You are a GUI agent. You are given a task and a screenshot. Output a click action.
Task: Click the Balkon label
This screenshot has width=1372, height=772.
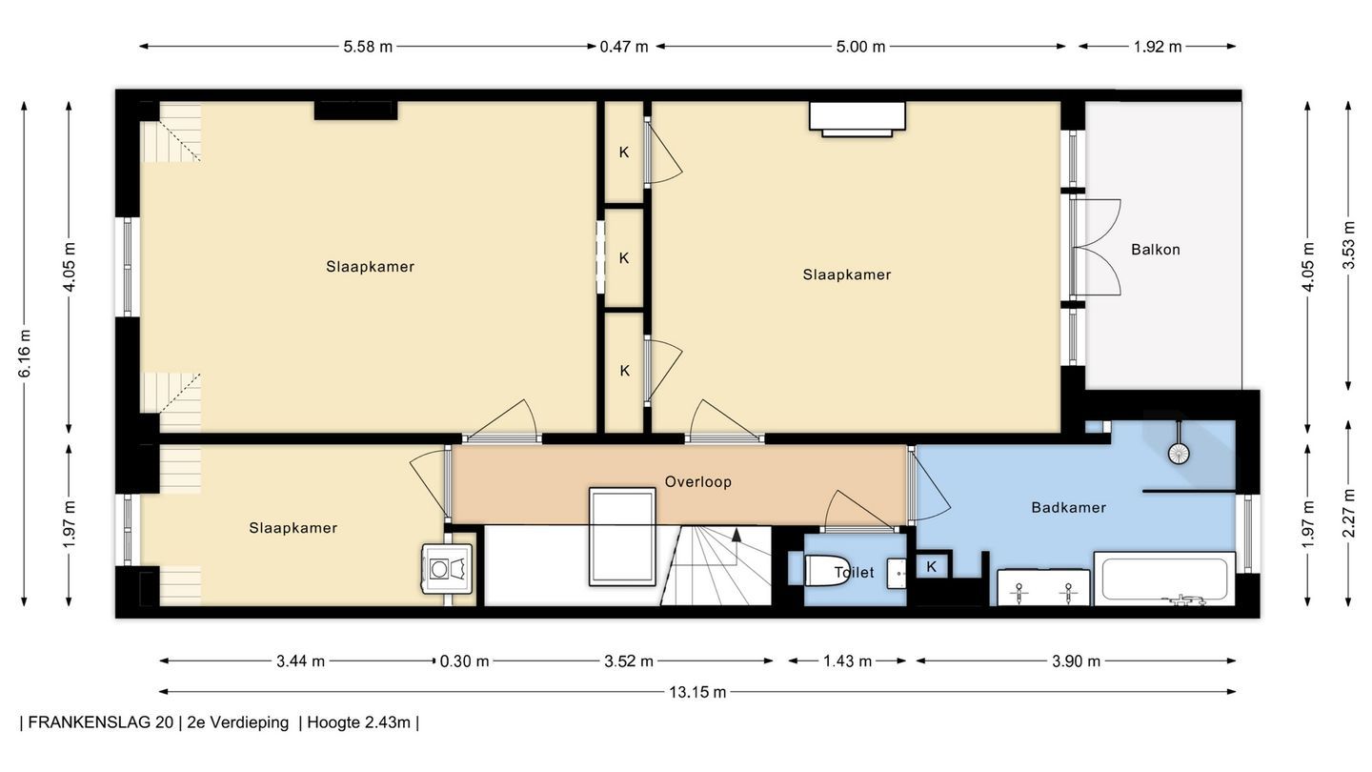click(x=1155, y=250)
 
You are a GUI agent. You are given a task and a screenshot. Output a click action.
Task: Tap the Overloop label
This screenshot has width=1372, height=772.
click(x=698, y=482)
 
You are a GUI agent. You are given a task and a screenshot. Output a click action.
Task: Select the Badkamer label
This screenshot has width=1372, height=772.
click(x=1068, y=507)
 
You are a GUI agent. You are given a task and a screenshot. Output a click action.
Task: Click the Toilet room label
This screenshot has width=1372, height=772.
click(x=854, y=572)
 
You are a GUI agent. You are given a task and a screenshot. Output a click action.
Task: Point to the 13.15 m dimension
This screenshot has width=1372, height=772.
click(x=697, y=692)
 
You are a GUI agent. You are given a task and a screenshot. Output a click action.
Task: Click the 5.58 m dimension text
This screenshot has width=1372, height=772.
click(x=368, y=47)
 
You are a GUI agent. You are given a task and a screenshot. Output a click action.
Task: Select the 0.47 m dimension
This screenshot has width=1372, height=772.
click(x=623, y=47)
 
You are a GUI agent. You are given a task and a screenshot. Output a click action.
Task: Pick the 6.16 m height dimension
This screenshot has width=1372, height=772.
click(x=25, y=354)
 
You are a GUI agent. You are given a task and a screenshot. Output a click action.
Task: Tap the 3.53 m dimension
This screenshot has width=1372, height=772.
click(x=1348, y=245)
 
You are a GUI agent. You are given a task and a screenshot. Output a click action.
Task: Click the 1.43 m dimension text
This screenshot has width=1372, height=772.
click(x=847, y=661)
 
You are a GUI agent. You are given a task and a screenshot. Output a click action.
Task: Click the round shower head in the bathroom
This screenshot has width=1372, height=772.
click(x=1179, y=454)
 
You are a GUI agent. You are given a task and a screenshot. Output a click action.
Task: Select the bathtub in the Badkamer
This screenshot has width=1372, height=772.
click(x=1164, y=579)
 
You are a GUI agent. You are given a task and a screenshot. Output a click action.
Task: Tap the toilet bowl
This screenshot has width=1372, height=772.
click(x=827, y=570)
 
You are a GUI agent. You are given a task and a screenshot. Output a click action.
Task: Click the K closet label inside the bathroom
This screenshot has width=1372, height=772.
click(x=931, y=567)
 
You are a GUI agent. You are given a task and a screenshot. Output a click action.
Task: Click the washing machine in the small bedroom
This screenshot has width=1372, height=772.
click(x=447, y=569)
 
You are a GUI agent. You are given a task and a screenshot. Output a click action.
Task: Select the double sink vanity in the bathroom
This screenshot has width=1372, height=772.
click(x=1043, y=587)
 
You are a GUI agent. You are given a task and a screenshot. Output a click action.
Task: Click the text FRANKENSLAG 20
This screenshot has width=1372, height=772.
click(x=100, y=722)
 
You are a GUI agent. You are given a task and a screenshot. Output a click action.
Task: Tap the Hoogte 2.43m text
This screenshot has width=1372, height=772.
click(x=359, y=722)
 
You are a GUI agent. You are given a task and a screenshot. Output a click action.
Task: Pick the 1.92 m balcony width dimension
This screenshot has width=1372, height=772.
click(x=1157, y=47)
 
